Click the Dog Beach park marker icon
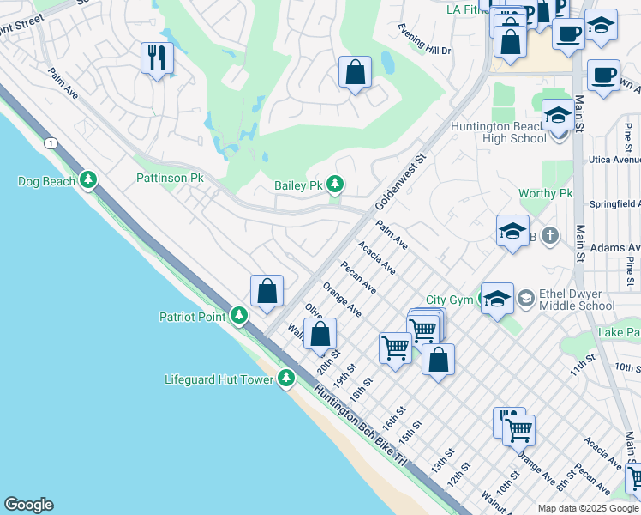click(x=87, y=180)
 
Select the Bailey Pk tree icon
click(x=334, y=185)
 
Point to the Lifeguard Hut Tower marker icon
click(x=285, y=379)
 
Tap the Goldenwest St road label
click(x=401, y=182)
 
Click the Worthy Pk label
click(x=544, y=193)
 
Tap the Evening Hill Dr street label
click(x=424, y=39)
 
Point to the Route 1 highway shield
click(x=53, y=142)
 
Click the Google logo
click(x=28, y=505)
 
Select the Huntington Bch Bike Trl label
click(x=360, y=424)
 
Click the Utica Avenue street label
click(x=614, y=160)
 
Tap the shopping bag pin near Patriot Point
click(x=267, y=290)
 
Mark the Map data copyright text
click(x=588, y=508)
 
